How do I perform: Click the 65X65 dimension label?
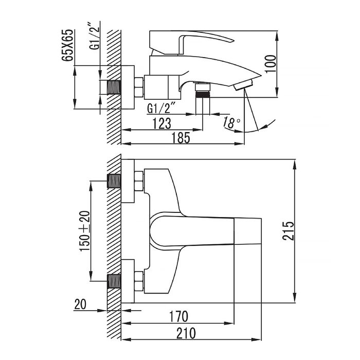click(x=67, y=45)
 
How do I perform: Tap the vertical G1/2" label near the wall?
click(x=95, y=35)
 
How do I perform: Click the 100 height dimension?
click(x=271, y=64)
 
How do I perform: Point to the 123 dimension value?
click(x=162, y=123)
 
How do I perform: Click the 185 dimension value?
click(x=181, y=138)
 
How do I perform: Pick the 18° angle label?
click(x=231, y=122)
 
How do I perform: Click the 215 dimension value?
click(x=288, y=231)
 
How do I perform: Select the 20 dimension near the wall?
click(x=80, y=304)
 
